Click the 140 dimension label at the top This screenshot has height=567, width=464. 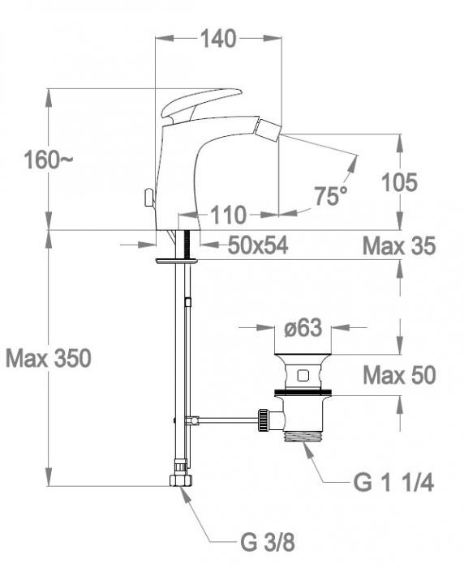click(218, 38)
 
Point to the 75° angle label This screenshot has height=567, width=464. click(330, 195)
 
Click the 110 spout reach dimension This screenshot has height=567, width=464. click(229, 215)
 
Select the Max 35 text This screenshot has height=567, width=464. click(398, 245)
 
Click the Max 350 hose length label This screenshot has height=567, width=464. click(48, 357)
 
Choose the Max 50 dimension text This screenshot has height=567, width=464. click(398, 375)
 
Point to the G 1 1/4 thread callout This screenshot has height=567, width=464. click(393, 484)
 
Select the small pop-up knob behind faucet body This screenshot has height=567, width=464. click(148, 197)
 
